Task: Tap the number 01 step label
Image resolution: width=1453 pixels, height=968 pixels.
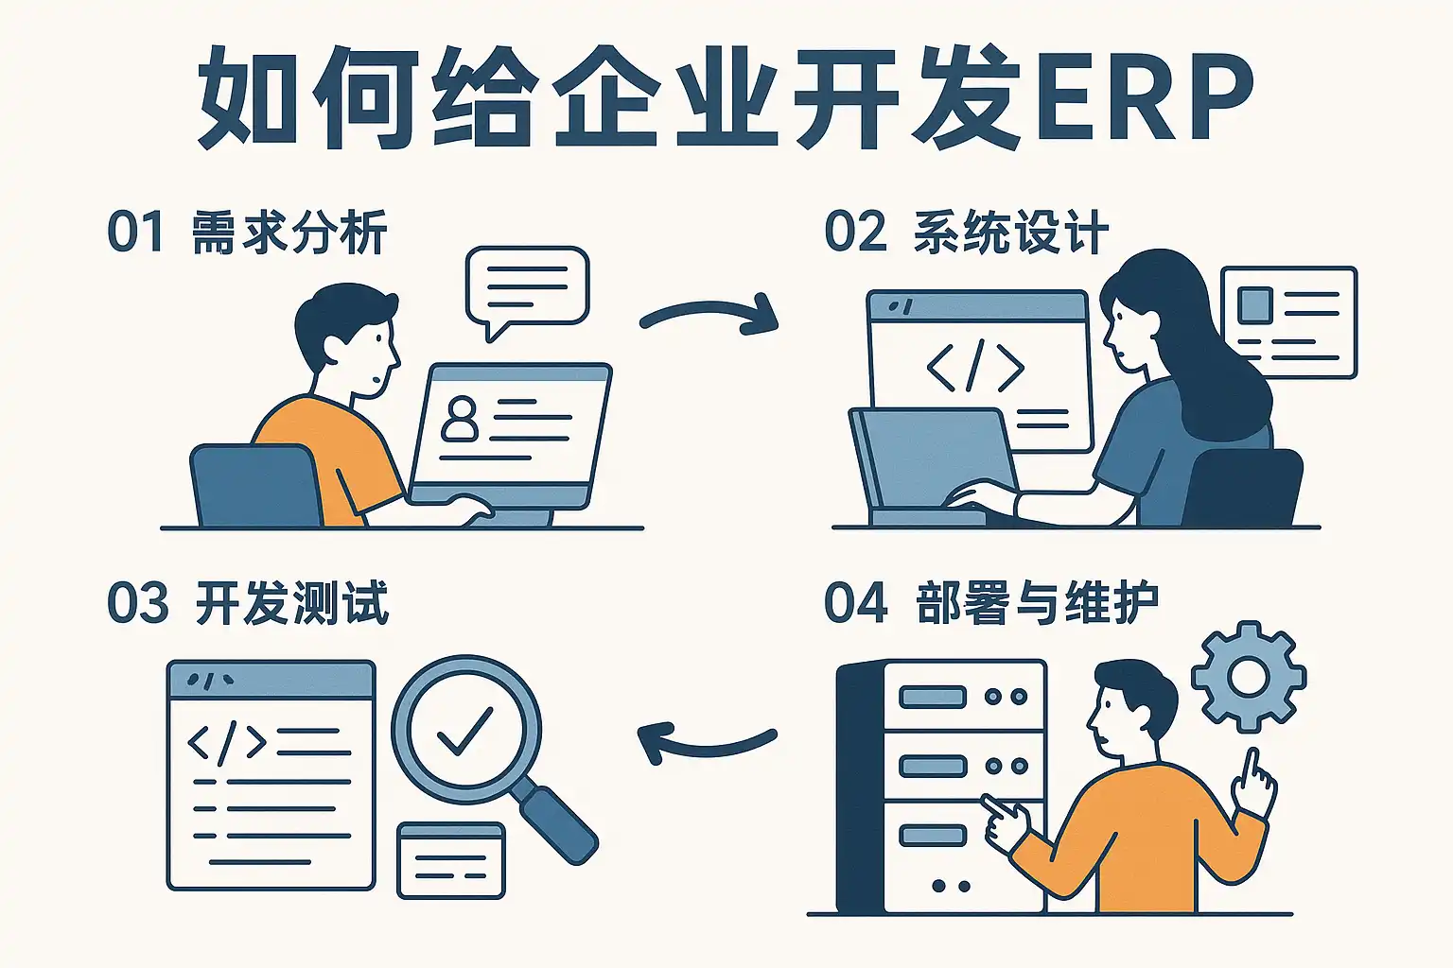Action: (134, 232)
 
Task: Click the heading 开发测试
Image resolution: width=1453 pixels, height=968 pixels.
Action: (291, 603)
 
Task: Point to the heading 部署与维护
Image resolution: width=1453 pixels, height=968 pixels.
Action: (1037, 603)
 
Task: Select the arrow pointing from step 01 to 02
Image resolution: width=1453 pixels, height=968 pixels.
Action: (709, 314)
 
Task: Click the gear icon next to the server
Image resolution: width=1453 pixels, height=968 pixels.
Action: (1248, 675)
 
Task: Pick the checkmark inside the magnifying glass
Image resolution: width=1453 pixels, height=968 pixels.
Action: (464, 731)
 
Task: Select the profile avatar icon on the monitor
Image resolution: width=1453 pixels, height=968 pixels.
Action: (461, 419)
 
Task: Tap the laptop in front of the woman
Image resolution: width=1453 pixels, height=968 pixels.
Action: (932, 463)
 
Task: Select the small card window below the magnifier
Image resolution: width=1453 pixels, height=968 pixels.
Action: (451, 860)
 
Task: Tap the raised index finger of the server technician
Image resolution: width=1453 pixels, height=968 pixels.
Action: (1252, 770)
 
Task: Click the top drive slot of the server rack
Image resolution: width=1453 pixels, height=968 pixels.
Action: (932, 697)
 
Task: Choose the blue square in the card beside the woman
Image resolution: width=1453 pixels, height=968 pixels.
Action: (1254, 304)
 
